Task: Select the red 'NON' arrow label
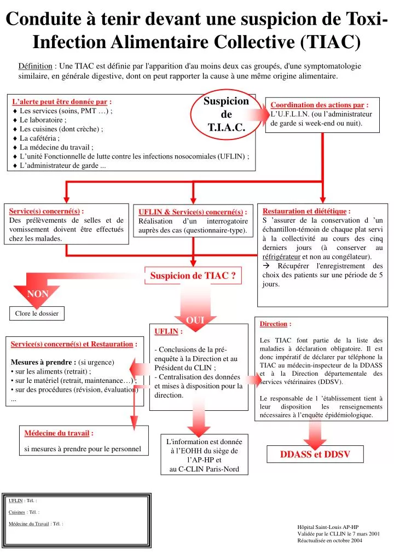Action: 38,294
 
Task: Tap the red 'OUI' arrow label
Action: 195,320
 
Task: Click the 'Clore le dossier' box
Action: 37,313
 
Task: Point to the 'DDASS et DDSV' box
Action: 315,455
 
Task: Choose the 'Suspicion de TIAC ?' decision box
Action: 193,276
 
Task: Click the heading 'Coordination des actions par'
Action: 317,105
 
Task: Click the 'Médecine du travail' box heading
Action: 56,433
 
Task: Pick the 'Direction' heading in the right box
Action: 273,324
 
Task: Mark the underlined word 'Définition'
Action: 35,66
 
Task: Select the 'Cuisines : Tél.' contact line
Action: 24,512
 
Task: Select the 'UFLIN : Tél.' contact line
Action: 23,500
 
